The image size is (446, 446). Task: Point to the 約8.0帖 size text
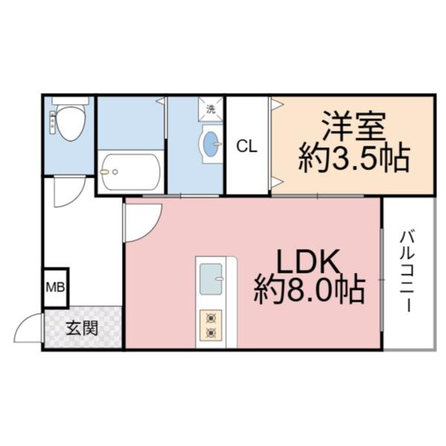coord(309,290)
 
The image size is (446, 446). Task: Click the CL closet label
coord(247,146)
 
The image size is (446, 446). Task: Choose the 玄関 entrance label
coord(82,328)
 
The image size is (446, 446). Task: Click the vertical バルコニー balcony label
coord(407,271)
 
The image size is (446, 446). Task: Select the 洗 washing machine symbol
coord(211,108)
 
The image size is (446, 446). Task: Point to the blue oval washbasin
coord(212,143)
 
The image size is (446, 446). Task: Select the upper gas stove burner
coord(210,317)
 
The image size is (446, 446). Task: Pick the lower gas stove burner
coord(210,333)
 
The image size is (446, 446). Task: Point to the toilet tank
coord(71,101)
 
